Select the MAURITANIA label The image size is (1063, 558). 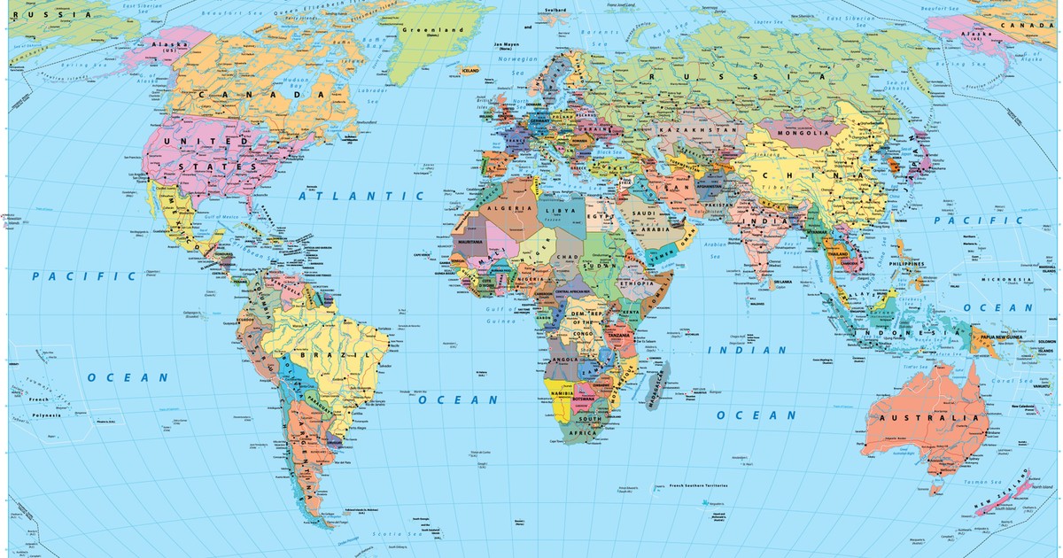click(x=469, y=242)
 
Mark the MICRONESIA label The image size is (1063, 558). click(x=1005, y=279)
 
